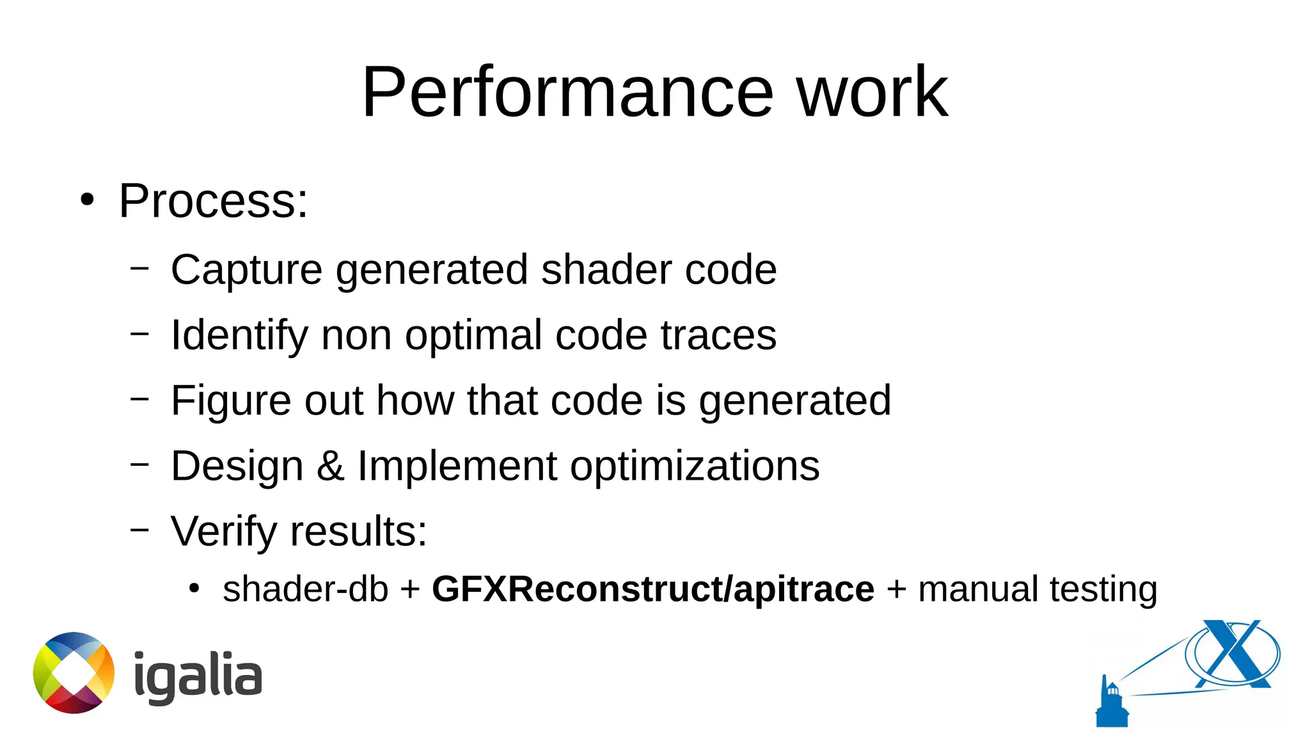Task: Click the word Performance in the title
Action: tap(567, 93)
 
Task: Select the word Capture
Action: tap(246, 270)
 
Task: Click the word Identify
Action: tap(239, 336)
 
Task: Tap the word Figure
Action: tap(230, 401)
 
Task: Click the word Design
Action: tap(237, 466)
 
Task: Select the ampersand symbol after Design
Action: tap(330, 466)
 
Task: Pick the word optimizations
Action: tap(695, 466)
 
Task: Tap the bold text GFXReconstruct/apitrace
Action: tap(653, 589)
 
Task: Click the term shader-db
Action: tap(305, 589)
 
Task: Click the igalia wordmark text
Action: tap(198, 676)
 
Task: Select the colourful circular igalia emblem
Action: tap(74, 672)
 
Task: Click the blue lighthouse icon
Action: tap(1112, 704)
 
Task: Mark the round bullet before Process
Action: tap(87, 201)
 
